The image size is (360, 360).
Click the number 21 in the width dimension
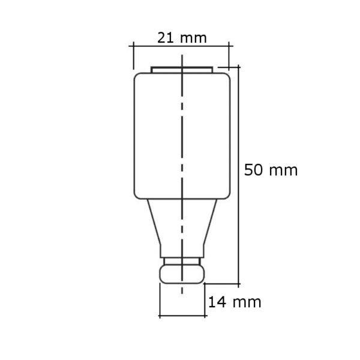(166, 37)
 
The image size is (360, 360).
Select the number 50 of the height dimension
(254, 170)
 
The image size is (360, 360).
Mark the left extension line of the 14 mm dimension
(160, 300)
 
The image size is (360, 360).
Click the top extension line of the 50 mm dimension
(231, 66)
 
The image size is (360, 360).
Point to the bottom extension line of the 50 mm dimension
(222, 283)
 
